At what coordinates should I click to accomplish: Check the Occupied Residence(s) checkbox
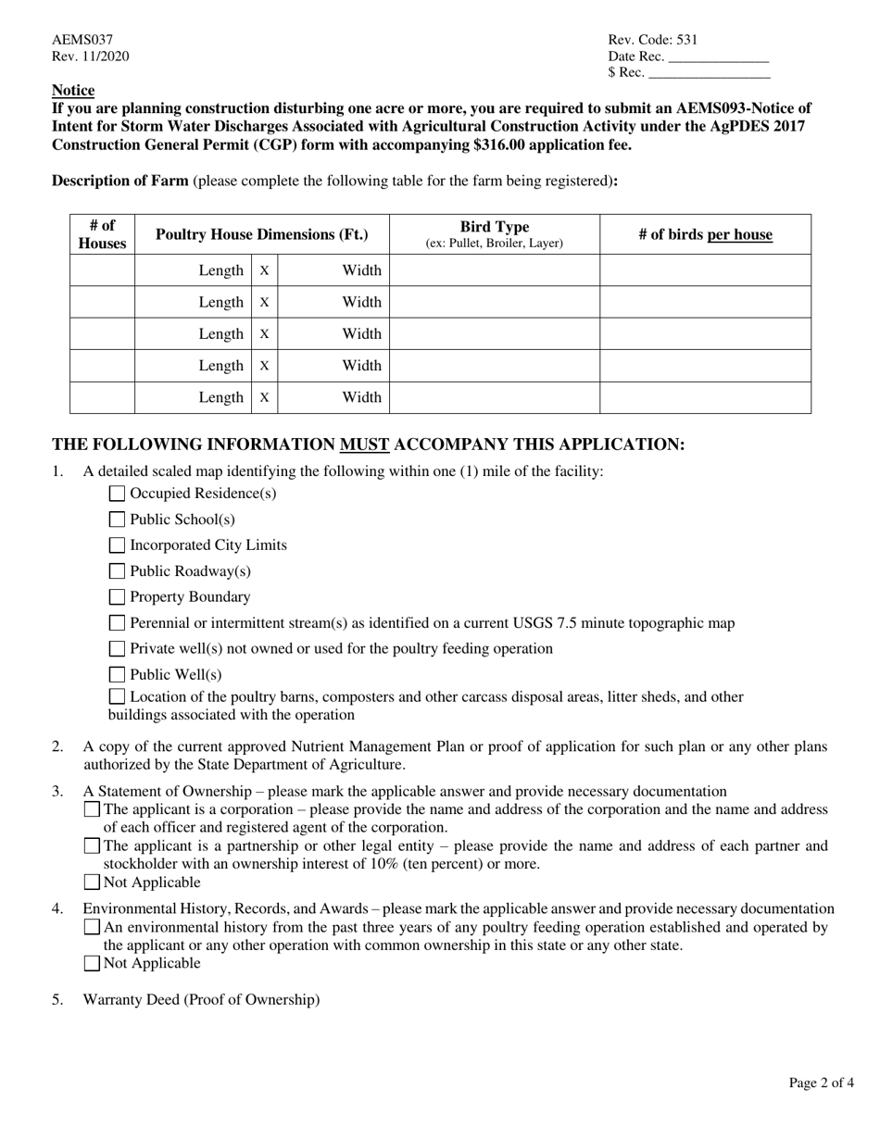(117, 494)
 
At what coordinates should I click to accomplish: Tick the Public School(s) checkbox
(117, 519)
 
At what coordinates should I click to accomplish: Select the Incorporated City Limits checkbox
(117, 545)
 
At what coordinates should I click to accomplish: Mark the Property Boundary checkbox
(117, 597)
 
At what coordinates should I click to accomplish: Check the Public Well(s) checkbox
(117, 675)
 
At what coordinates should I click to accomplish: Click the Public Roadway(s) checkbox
(117, 571)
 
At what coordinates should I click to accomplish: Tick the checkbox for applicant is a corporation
(92, 809)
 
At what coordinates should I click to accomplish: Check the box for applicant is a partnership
(92, 845)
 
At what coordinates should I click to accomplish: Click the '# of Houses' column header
(102, 234)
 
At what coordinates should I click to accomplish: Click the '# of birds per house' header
(705, 234)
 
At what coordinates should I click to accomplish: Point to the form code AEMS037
(82, 40)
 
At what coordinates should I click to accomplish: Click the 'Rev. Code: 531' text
(652, 40)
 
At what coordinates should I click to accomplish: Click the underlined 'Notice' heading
(73, 91)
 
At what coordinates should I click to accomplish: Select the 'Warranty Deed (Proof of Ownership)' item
(201, 999)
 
